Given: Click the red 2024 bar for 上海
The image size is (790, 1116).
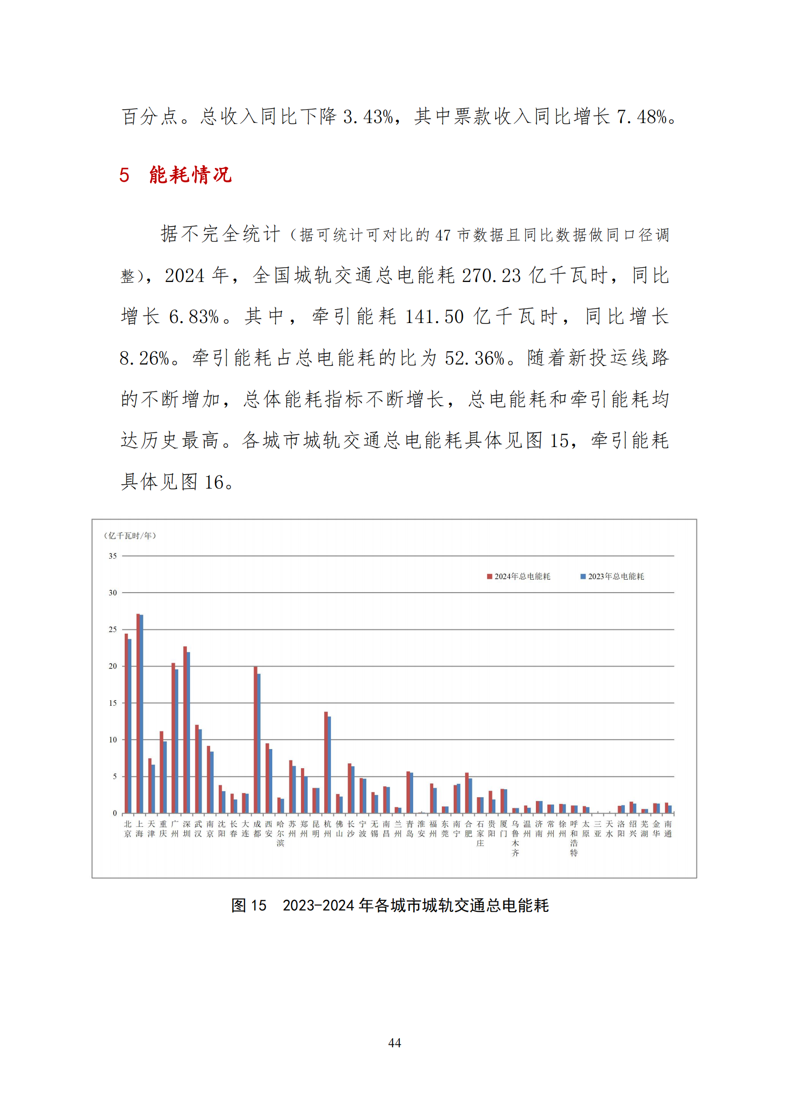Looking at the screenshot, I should coord(138,715).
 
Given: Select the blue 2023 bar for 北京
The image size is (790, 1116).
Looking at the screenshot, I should coord(130,727).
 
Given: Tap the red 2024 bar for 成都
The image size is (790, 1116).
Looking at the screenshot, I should coord(256,741).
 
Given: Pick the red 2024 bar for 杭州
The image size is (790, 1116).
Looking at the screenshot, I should coord(326,763).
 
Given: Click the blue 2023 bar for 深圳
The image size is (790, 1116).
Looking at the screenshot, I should coord(189,733).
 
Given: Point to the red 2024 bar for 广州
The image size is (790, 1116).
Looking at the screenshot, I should coord(173,739).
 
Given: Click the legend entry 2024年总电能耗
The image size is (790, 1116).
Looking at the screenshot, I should coord(519,576).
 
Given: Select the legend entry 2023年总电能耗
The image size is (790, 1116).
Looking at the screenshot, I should coord(612,576).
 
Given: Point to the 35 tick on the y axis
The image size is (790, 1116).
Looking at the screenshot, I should coord(113,556).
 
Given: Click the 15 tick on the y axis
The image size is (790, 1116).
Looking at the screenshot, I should coord(113,703).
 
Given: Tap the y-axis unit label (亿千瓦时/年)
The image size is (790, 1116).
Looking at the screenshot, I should coord(130,536).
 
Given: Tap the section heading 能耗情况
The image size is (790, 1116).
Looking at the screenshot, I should coord(190,175).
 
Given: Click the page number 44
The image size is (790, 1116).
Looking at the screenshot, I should coord(395,1043).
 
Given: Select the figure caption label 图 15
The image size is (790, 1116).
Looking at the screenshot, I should coord(248,905).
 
